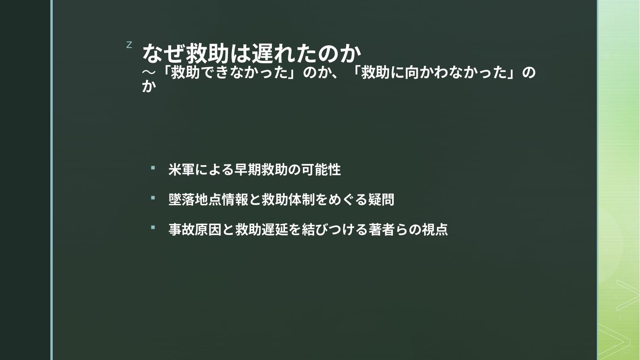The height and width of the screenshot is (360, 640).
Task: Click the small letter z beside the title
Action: point(129,45)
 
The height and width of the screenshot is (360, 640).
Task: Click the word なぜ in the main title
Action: point(164,54)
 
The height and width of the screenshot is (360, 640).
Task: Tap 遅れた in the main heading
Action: point(284,54)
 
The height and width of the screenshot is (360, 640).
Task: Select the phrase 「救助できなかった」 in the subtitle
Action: point(230,73)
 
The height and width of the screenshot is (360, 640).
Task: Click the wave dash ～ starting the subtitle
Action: point(149,73)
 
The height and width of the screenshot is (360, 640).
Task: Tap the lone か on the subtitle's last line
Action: point(149,86)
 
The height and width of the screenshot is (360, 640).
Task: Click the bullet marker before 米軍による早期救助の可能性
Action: point(153,168)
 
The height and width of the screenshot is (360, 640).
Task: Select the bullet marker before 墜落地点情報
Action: point(153,198)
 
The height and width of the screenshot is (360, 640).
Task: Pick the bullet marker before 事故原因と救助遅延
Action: point(153,227)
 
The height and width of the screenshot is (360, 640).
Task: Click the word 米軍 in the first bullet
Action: point(182,170)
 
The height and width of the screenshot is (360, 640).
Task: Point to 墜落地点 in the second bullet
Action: point(195,199)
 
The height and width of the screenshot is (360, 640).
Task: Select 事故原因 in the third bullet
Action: point(195,229)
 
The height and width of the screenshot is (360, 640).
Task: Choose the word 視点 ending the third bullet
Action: point(435,229)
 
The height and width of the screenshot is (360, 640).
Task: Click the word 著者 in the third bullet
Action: point(381,229)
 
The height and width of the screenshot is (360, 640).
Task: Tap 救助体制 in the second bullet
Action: point(288,199)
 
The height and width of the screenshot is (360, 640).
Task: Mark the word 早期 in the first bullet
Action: point(248,170)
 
